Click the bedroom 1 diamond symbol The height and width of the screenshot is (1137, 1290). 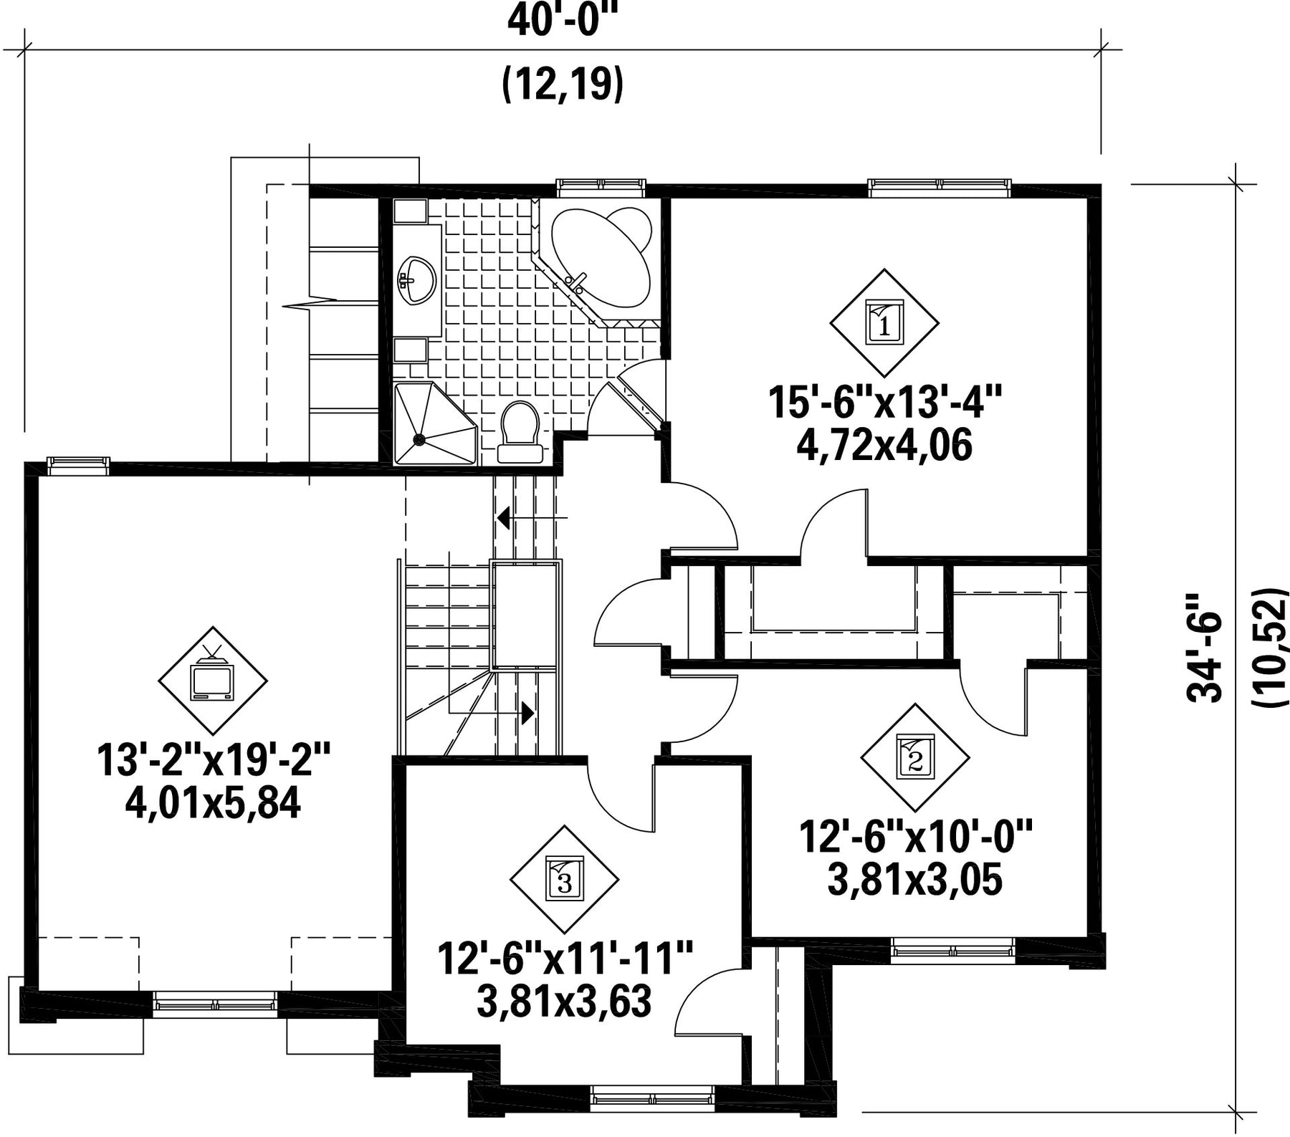click(884, 323)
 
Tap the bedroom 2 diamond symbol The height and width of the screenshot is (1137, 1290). click(915, 758)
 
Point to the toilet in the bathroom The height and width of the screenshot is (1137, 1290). click(520, 431)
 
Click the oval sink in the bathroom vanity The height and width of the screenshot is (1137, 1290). click(416, 280)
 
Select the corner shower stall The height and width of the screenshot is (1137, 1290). click(434, 423)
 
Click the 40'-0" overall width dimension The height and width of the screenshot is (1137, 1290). click(563, 21)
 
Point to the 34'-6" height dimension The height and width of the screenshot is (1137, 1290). click(1205, 647)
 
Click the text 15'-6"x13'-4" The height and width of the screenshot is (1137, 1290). click(884, 403)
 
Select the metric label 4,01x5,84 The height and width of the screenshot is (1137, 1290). click(213, 803)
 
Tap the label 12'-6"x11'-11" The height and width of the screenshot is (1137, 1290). click(565, 959)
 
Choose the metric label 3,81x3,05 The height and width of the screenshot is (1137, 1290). click(914, 881)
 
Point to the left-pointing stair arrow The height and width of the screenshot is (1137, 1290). click(532, 517)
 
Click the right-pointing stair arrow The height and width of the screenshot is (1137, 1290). click(492, 713)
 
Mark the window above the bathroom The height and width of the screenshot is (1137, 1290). click(602, 186)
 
